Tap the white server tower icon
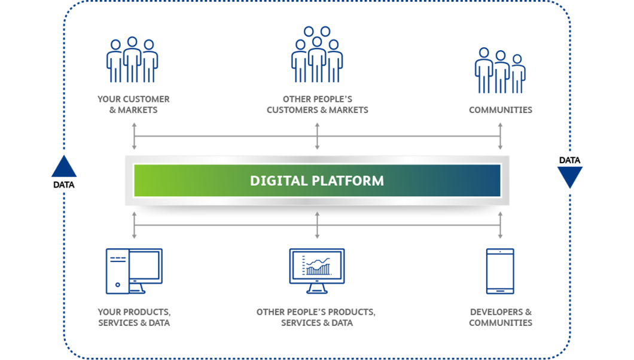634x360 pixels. click(x=117, y=271)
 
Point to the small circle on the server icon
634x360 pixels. click(x=117, y=283)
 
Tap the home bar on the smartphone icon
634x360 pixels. click(x=500, y=291)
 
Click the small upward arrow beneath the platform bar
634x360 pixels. click(x=318, y=214)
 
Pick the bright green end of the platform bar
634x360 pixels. click(x=144, y=180)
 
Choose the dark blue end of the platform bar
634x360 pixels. click(x=490, y=180)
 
